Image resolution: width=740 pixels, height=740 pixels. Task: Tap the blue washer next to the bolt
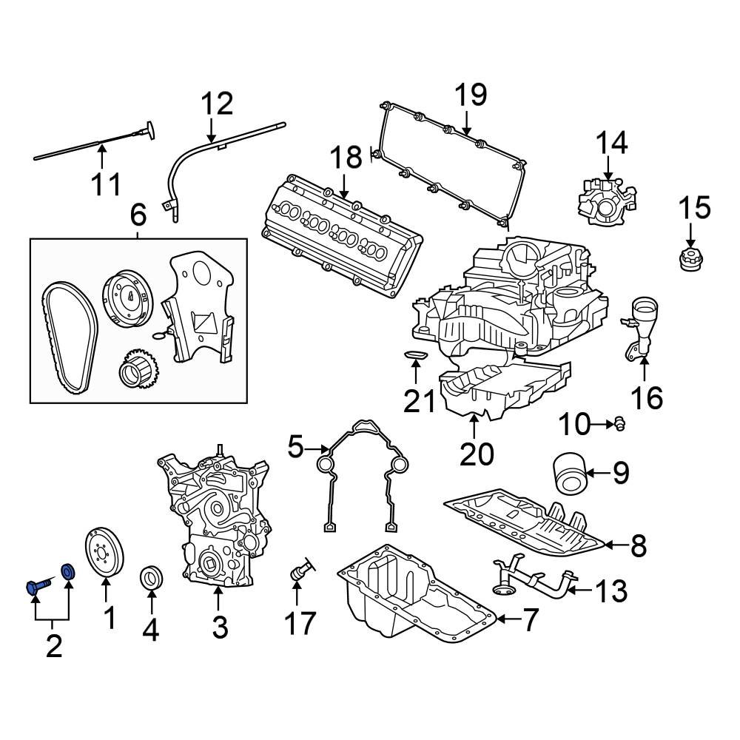(68, 571)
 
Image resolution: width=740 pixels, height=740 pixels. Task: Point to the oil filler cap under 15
(689, 261)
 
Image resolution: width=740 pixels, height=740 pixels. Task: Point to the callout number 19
(470, 95)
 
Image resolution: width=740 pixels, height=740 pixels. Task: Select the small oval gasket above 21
(416, 357)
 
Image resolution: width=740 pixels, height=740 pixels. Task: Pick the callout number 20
(476, 453)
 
